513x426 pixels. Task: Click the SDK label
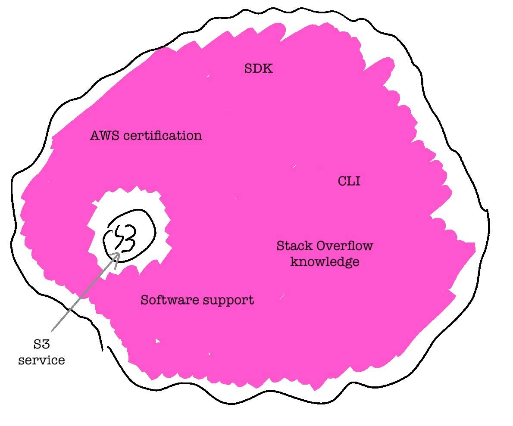[259, 68]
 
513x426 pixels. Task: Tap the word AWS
[104, 136]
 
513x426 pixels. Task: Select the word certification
[163, 136]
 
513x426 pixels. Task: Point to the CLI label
[349, 181]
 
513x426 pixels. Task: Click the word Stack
[294, 246]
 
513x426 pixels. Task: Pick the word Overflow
[344, 246]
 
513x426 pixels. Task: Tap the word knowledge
[325, 262]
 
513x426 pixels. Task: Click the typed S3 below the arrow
[41, 345]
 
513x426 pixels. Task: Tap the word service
[41, 360]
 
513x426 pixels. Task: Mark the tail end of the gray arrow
[52, 331]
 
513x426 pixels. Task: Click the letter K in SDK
[268, 68]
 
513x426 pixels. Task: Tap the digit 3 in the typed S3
[46, 345]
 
